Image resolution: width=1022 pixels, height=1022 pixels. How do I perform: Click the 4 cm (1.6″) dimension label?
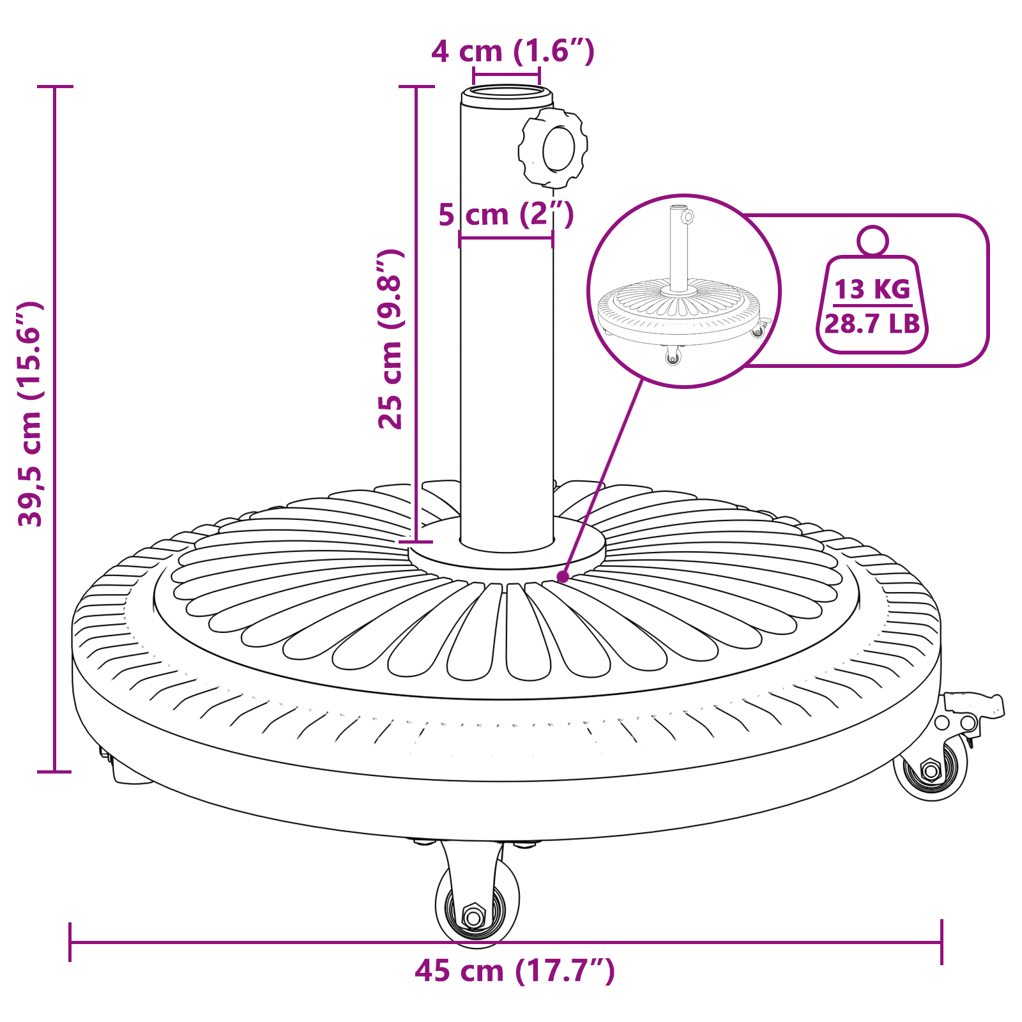pos(513,51)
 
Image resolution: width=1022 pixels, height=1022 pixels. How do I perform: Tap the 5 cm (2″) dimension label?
pos(506,214)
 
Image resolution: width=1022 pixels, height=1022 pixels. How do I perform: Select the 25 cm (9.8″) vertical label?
pos(390,339)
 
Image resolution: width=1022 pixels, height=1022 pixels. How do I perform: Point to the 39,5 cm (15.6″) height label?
pos(30,414)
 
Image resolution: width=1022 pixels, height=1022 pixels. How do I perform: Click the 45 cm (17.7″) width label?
pos(515,971)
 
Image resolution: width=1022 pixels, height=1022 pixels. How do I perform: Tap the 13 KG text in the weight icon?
pos(872,289)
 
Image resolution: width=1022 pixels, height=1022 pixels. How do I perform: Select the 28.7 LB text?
pos(872,324)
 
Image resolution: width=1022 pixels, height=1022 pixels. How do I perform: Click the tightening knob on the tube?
pos(553,148)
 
